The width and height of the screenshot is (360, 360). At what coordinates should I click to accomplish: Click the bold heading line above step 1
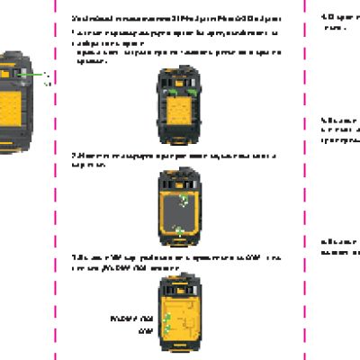point(175,18)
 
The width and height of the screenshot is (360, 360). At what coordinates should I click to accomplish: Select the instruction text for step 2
point(171,159)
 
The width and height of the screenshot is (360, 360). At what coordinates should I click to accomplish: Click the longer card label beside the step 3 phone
point(130,319)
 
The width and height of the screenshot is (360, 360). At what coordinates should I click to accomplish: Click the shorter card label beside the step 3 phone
point(140,330)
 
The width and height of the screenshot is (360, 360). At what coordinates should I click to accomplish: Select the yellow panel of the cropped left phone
point(13,99)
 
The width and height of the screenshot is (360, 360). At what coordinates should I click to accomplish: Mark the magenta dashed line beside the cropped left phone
point(56,180)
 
